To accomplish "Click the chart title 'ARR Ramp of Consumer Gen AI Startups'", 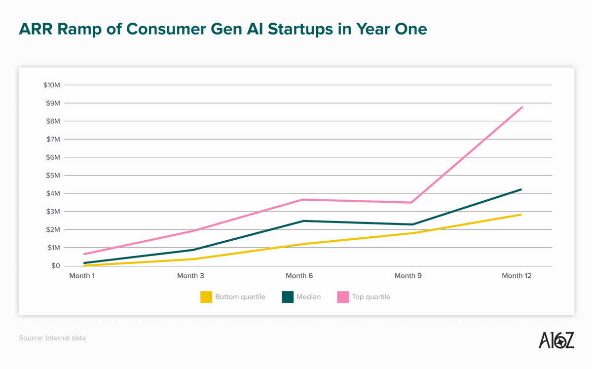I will click(222, 29).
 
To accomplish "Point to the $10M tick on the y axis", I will click(51, 85).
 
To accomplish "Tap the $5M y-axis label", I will click(53, 176).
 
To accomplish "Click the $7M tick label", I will click(53, 140).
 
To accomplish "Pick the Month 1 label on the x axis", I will click(82, 276).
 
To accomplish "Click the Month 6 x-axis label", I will click(299, 276).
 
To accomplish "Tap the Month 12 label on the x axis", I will click(517, 276).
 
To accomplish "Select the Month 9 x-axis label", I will click(408, 276).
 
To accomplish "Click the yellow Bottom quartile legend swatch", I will click(206, 297).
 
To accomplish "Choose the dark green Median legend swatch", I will click(288, 297).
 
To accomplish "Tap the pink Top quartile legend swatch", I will click(343, 297).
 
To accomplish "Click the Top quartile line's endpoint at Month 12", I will click(522, 107).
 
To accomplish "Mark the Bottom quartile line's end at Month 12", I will click(520, 215).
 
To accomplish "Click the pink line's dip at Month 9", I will click(411, 202).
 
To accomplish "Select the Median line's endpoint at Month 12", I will click(521, 189).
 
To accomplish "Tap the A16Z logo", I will click(556, 340).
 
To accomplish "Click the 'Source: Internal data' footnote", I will click(52, 338).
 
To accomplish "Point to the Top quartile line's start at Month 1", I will click(84, 254).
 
